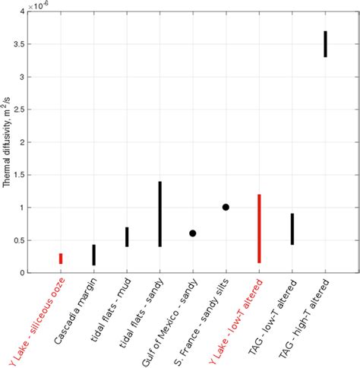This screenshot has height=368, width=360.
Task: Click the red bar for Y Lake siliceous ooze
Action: pos(61,259)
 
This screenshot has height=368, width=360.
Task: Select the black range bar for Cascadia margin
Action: pos(93,255)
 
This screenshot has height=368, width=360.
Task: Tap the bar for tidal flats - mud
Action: pos(127,237)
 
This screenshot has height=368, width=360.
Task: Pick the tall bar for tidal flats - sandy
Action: pos(159,214)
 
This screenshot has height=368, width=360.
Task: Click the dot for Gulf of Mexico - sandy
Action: pos(193,233)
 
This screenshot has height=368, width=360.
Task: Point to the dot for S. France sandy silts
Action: pos(226,207)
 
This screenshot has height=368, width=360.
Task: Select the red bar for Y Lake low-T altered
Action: pos(259,228)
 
